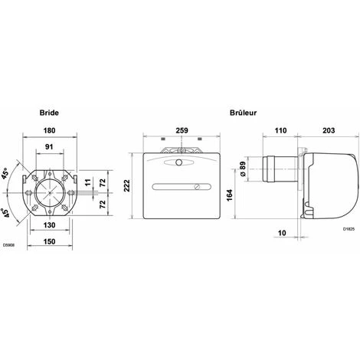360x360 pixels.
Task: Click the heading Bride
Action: click(49, 113)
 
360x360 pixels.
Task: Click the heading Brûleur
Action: click(243, 113)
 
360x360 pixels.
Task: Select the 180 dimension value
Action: click(49, 130)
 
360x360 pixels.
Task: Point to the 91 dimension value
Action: click(49, 147)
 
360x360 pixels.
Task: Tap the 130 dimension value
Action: click(49, 225)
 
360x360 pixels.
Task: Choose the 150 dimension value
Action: click(49, 241)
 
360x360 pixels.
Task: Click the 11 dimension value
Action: click(88, 182)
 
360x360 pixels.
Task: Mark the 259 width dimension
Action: click(182, 130)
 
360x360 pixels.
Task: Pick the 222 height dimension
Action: click(127, 185)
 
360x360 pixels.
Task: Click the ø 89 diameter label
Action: click(243, 169)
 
